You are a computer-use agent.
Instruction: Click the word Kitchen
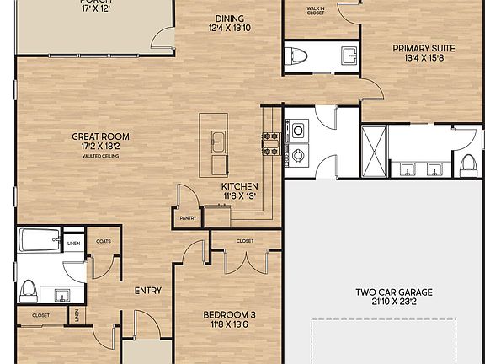[239, 186]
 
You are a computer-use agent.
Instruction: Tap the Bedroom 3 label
[229, 315]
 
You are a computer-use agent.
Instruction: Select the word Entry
[147, 291]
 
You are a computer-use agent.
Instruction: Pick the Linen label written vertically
[77, 316]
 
